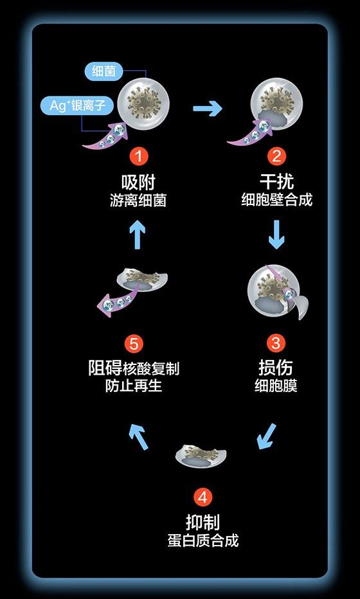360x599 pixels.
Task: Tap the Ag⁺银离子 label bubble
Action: coord(77,106)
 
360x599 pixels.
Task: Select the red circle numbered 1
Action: coord(138,157)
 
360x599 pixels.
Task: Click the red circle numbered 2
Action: coord(276,157)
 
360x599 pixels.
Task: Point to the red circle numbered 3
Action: coord(276,343)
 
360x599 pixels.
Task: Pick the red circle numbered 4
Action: coord(203,497)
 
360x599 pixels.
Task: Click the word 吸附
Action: coord(138,181)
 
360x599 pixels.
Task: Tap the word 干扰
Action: coord(276,181)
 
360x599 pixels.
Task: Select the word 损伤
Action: coord(276,367)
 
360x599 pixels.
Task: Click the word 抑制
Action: coord(203,522)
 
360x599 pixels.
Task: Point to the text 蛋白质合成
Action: coord(203,541)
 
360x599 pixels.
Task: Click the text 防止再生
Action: coord(134,386)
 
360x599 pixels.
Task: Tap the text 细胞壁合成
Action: coord(276,200)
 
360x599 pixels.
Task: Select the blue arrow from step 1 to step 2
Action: coord(208,109)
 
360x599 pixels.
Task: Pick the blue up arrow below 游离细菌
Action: coord(138,235)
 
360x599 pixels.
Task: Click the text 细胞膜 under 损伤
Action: coord(276,386)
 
